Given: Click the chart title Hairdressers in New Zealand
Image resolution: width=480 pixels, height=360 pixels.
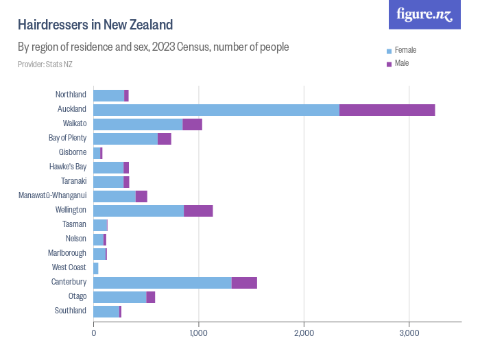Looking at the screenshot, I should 95,25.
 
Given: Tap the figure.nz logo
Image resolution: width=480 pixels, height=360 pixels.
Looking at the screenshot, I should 425,14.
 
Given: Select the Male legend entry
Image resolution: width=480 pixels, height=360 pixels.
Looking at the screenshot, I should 402,64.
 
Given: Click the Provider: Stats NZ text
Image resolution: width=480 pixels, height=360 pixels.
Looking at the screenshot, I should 45,64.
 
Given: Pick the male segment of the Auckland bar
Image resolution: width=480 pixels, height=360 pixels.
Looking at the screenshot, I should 387,110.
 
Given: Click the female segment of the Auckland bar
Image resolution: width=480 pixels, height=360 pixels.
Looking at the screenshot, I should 216,110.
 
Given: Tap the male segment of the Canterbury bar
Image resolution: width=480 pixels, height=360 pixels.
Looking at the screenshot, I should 244,283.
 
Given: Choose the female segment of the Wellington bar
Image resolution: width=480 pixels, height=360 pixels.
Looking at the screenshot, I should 139,211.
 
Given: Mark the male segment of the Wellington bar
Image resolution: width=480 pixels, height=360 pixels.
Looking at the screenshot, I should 198,211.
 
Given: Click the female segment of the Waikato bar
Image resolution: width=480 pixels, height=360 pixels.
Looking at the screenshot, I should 138,124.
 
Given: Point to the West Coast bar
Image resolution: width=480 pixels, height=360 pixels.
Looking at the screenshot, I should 96,268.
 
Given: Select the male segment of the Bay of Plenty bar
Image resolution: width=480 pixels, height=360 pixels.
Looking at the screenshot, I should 164,139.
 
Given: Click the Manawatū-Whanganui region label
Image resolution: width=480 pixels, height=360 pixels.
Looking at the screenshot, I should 53,195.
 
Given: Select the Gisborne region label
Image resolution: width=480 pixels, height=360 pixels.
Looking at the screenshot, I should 73,152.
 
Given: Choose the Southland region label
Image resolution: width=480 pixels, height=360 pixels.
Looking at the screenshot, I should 71,311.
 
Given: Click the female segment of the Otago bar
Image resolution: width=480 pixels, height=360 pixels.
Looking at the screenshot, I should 120,297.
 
